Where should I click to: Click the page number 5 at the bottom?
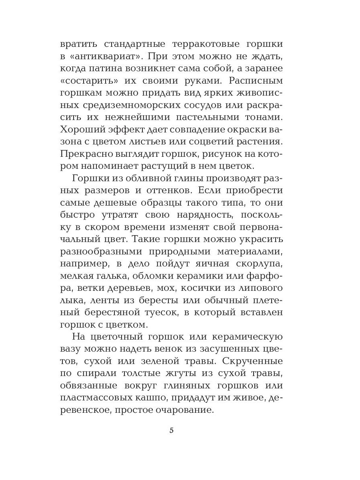click(x=172, y=430)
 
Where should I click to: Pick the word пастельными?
click(x=206, y=117)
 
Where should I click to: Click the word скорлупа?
click(x=259, y=264)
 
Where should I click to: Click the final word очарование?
click(x=188, y=410)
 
